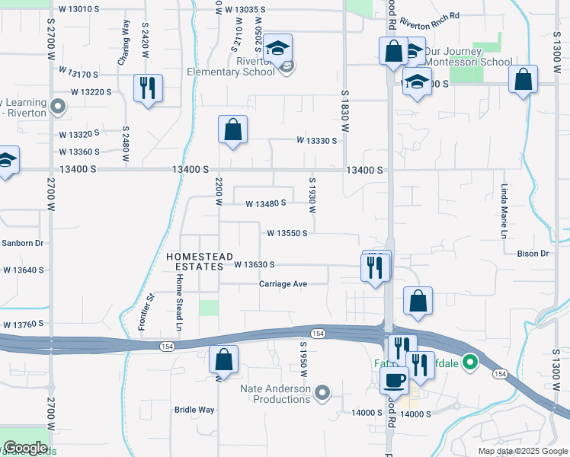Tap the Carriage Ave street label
point(283,284)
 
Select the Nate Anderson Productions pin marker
point(322,393)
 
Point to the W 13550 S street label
point(287,233)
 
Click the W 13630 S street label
point(254,264)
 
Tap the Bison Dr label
point(533,254)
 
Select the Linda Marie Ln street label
point(504,211)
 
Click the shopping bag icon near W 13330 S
point(232,129)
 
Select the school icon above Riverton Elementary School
point(279,48)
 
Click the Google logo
point(25,448)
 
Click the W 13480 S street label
point(265,203)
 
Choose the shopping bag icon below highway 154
point(223,359)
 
